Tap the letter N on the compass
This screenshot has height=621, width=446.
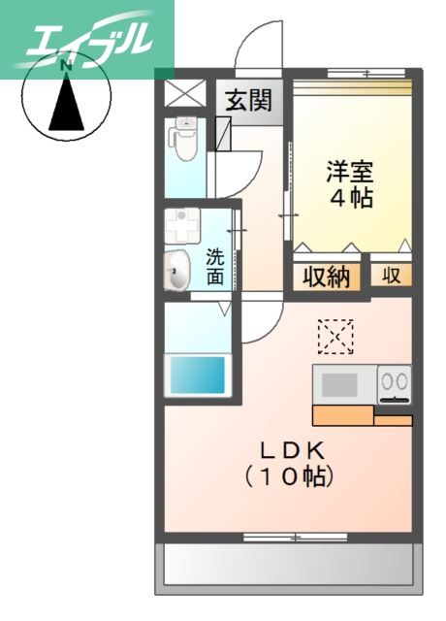click(67, 66)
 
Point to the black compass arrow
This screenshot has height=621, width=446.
click(67, 103)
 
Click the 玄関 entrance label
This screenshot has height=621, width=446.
click(249, 100)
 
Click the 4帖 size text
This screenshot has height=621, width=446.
click(349, 197)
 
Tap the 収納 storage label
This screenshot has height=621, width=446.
click(325, 276)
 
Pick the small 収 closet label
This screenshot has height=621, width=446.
click(391, 276)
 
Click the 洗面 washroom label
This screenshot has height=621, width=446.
click(215, 267)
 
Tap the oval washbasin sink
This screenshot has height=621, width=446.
click(177, 270)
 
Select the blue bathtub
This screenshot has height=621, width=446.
click(197, 374)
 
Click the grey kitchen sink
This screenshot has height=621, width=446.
click(340, 384)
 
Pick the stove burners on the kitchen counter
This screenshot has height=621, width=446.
click(395, 383)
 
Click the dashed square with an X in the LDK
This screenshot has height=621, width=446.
click(335, 338)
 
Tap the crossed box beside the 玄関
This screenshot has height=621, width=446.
click(181, 93)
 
